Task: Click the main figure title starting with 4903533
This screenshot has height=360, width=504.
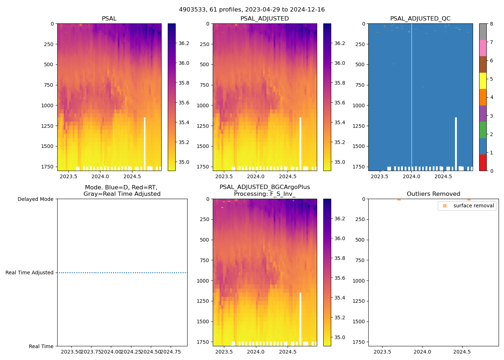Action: coord(252,10)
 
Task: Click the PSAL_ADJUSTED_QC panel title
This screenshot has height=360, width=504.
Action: coord(420,19)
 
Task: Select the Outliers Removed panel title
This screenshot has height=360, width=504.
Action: coord(433,194)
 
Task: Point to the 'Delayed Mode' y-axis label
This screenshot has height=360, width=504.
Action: coord(35,199)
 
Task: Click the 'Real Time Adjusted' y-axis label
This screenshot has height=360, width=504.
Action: coord(30,273)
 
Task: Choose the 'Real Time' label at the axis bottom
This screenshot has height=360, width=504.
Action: coord(41,346)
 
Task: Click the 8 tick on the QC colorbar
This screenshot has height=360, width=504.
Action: coord(491,24)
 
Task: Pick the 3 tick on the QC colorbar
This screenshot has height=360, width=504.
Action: coord(491,116)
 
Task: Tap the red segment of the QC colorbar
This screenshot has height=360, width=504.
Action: coord(483,163)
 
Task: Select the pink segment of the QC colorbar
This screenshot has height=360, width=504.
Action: coord(483,48)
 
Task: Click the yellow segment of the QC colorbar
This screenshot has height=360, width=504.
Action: coord(483,81)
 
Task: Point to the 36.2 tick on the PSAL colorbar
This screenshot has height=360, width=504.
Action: coord(184,43)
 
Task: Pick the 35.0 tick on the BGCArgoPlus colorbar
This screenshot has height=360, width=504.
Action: coord(339,337)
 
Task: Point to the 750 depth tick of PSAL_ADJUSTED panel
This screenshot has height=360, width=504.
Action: coord(204,85)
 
